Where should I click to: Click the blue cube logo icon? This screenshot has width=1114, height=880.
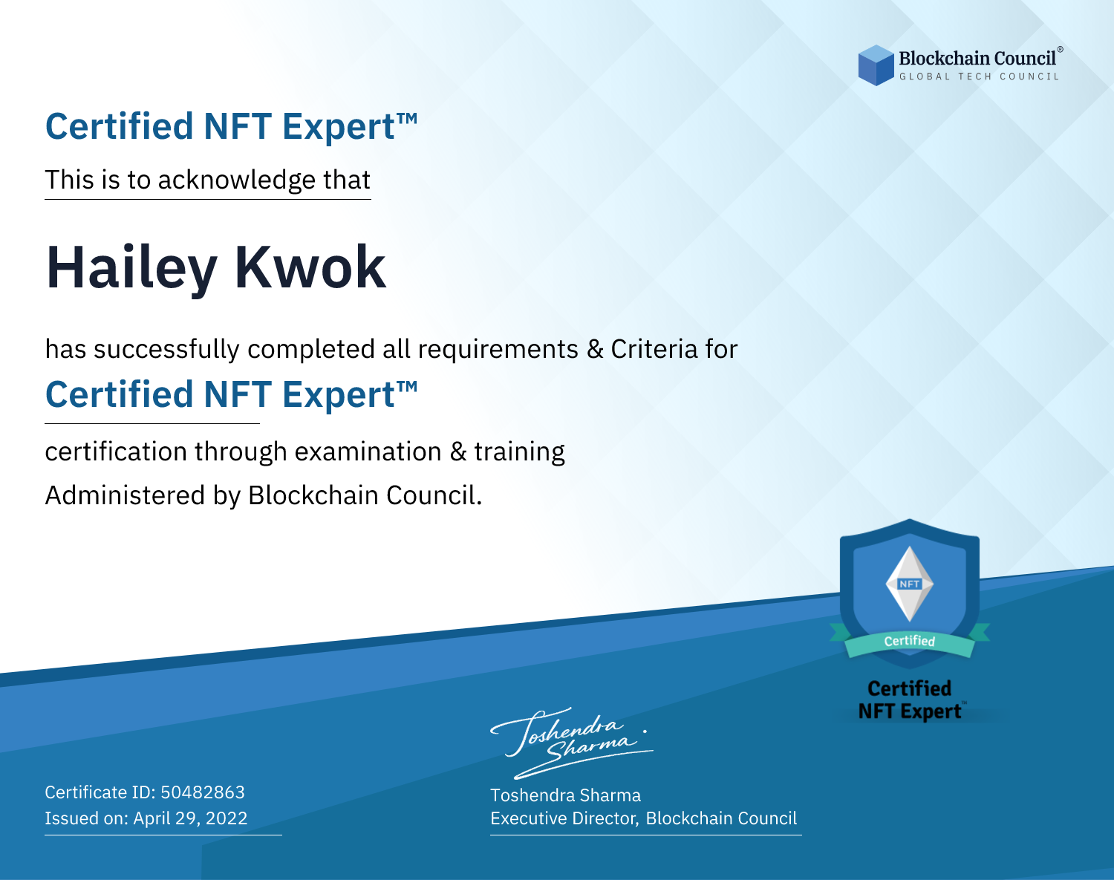(876, 65)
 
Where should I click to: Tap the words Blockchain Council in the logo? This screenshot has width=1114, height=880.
(977, 59)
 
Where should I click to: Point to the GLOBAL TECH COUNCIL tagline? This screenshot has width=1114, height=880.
(980, 76)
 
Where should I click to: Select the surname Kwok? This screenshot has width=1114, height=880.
(310, 267)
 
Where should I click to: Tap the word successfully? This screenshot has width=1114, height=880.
(166, 349)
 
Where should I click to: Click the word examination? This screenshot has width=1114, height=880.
(368, 452)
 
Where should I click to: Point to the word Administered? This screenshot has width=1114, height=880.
(125, 495)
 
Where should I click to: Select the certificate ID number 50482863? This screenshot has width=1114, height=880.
(203, 792)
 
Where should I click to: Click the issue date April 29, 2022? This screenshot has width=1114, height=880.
(190, 818)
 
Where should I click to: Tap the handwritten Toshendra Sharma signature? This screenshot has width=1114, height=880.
(572, 743)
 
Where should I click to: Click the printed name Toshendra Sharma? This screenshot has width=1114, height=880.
(565, 795)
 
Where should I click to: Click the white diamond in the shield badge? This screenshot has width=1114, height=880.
(910, 584)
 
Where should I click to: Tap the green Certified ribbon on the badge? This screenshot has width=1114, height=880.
(910, 642)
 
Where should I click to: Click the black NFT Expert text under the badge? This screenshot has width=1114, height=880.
(910, 711)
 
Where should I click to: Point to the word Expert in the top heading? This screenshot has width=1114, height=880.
(339, 127)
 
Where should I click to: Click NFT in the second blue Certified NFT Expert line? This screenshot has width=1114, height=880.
(238, 394)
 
